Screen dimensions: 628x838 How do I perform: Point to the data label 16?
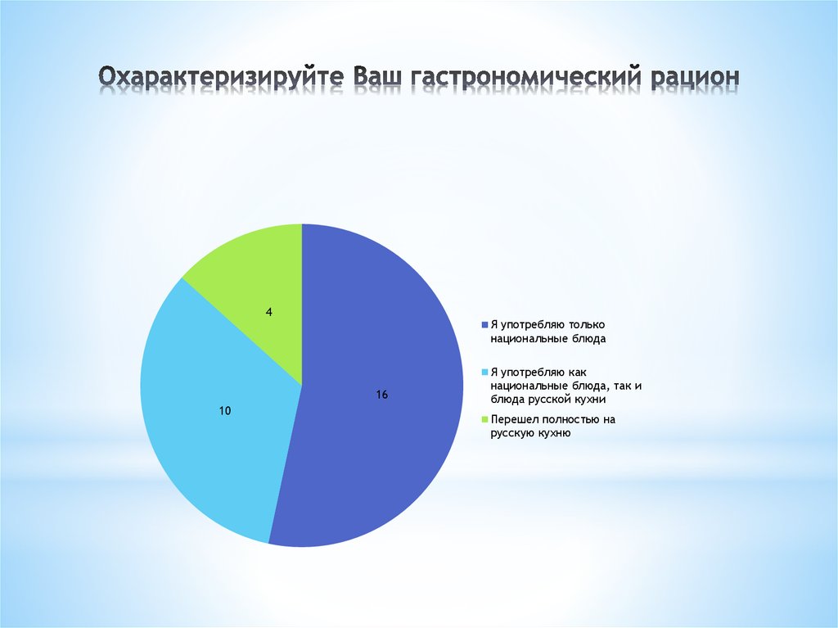click(x=381, y=395)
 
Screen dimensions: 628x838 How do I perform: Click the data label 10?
click(x=224, y=410)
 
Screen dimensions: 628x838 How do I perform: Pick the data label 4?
click(x=269, y=312)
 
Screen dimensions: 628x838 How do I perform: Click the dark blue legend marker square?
click(x=484, y=324)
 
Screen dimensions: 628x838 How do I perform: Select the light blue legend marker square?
click(x=484, y=372)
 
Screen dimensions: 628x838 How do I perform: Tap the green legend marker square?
click(x=484, y=420)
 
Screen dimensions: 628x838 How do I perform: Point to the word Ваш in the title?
click(x=381, y=77)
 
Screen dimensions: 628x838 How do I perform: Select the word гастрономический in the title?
click(x=528, y=77)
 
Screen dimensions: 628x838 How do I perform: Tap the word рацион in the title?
click(x=695, y=77)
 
